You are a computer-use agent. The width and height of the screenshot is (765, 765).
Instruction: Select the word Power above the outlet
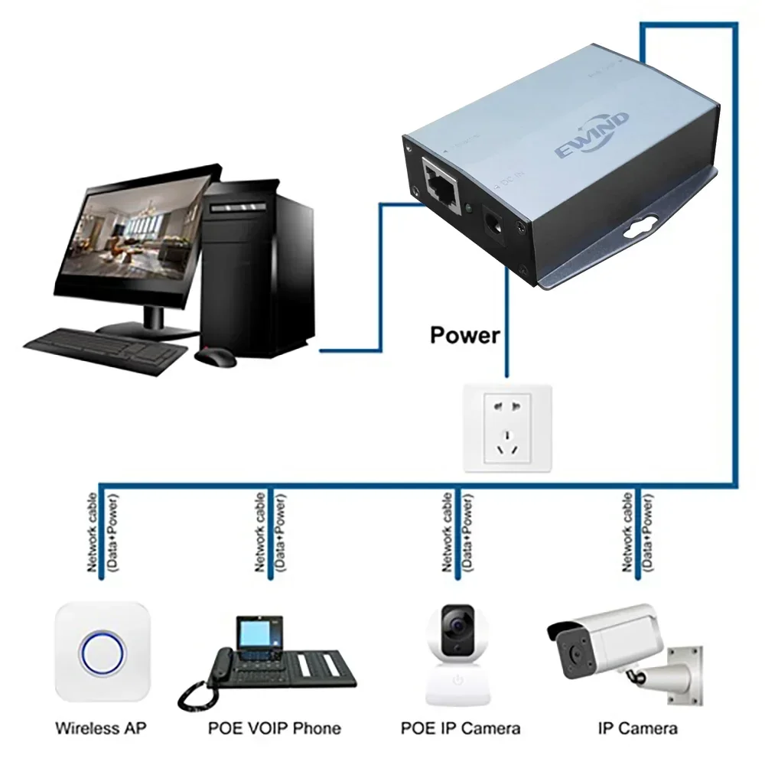[x=465, y=335]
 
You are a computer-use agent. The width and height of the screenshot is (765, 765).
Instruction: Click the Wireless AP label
[x=101, y=728]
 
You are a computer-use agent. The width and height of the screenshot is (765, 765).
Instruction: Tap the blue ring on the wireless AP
[x=101, y=653]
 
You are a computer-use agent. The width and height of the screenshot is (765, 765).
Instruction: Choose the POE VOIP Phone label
[x=274, y=728]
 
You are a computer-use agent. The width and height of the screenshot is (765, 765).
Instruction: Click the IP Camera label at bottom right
[x=637, y=728]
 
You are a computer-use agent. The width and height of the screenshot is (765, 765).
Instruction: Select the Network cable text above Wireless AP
[x=93, y=532]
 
